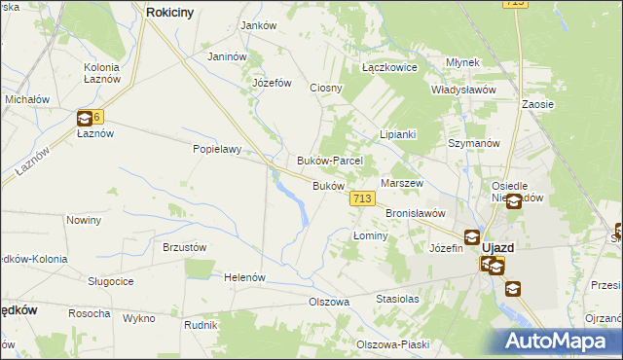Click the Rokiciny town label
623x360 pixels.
173,12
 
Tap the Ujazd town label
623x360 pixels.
498,247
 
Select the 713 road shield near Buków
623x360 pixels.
362,198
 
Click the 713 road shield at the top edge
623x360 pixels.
515,5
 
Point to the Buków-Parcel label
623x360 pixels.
330,161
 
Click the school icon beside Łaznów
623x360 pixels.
85,119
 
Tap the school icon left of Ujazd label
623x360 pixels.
472,236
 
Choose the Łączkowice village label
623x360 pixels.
389,68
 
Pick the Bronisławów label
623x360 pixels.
416,212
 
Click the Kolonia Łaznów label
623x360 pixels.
101,72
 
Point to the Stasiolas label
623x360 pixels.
397,300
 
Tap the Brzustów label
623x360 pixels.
185,247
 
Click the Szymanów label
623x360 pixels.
474,142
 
